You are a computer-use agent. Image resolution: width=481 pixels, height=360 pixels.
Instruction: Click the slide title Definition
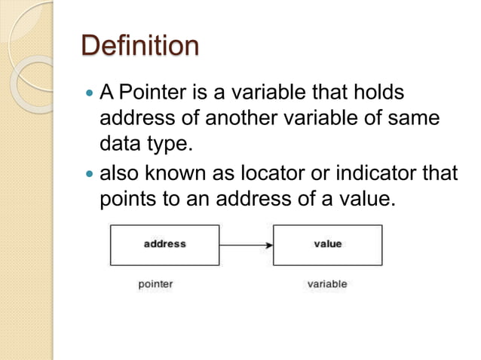pos(140,47)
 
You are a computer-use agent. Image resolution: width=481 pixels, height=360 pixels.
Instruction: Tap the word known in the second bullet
pos(171,174)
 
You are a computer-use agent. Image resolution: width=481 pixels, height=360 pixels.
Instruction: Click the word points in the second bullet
pos(126,200)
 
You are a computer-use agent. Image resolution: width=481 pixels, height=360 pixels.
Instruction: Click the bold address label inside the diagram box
pos(164,244)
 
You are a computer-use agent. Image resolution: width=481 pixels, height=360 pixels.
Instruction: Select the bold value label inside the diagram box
pos(327,244)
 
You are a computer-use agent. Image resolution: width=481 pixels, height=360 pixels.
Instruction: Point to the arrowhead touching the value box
pos(268,245)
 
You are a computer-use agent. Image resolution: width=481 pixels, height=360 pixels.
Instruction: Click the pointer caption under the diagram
pos(156,285)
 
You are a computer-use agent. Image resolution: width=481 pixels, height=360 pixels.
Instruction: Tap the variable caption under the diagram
pos(327,285)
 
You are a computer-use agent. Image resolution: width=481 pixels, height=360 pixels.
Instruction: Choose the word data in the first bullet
pos(117,142)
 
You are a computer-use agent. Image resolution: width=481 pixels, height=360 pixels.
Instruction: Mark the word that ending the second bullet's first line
pos(443,174)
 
